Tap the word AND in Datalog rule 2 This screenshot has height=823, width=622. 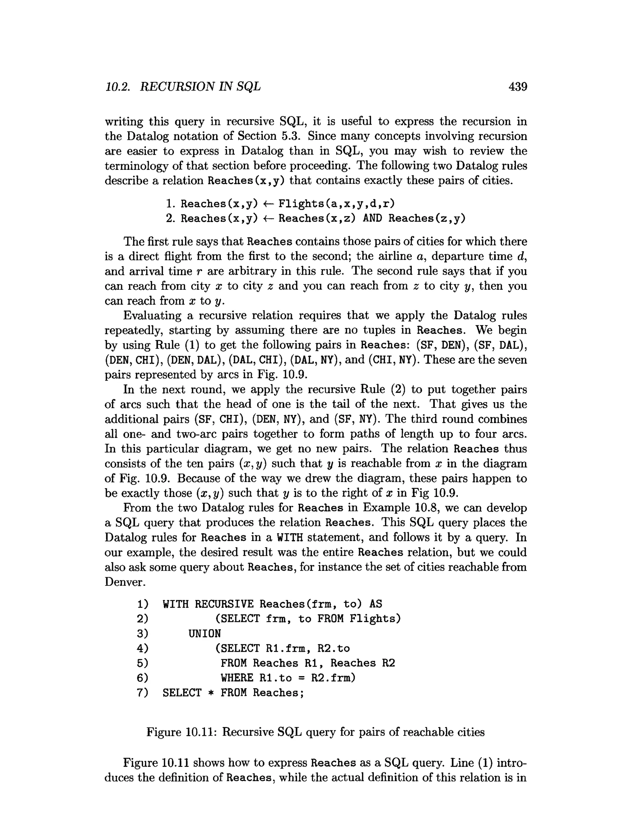372,218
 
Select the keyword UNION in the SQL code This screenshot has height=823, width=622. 204,633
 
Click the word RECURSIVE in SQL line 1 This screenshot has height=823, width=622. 224,604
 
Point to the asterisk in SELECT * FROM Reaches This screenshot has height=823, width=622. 211,693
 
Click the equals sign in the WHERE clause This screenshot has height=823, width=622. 301,678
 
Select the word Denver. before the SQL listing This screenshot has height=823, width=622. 125,582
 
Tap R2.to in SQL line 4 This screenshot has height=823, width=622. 333,648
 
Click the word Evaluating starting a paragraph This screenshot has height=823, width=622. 152,315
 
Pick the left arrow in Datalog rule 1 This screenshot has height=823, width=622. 268,204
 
